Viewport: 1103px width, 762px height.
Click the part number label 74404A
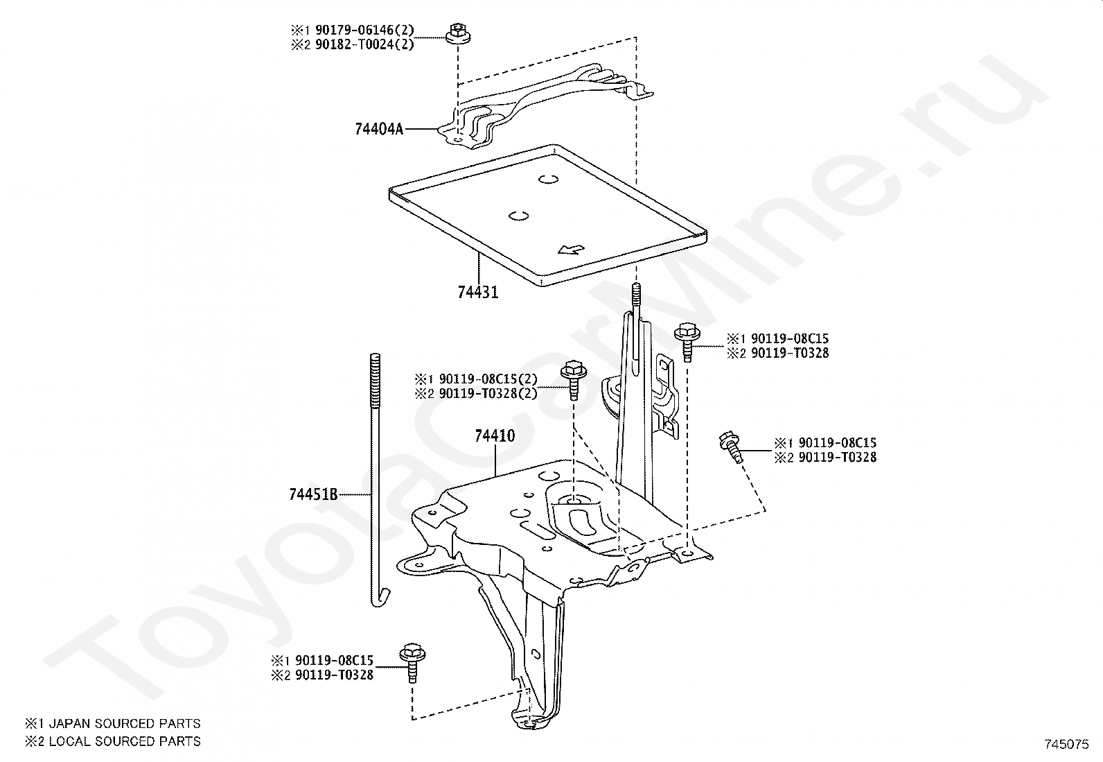click(x=378, y=129)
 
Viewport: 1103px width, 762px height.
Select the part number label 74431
click(x=477, y=293)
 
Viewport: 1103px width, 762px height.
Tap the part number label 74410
click(x=495, y=436)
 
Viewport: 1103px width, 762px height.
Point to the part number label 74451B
click(x=313, y=494)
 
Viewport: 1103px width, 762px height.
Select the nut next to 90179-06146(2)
click(x=456, y=33)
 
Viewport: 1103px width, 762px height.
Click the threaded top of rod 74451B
click(x=375, y=379)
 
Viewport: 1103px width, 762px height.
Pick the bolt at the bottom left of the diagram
click(x=412, y=661)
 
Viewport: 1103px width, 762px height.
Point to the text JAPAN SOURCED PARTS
click(x=122, y=724)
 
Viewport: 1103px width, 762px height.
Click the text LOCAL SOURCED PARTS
click(x=122, y=741)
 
